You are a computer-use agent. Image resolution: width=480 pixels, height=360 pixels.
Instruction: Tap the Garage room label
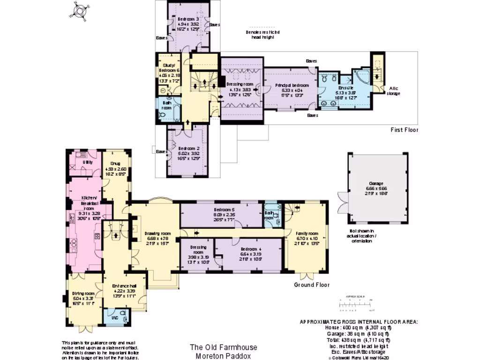(x=377, y=183)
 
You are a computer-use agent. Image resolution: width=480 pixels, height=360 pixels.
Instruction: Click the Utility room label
(x=87, y=162)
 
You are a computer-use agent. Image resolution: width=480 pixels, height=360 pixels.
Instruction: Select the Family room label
(x=307, y=233)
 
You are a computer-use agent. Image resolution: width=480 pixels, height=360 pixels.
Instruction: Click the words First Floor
(x=404, y=130)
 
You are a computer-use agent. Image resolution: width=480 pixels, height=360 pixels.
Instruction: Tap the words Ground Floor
(x=311, y=285)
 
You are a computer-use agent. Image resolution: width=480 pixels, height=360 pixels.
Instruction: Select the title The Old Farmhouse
(x=223, y=347)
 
